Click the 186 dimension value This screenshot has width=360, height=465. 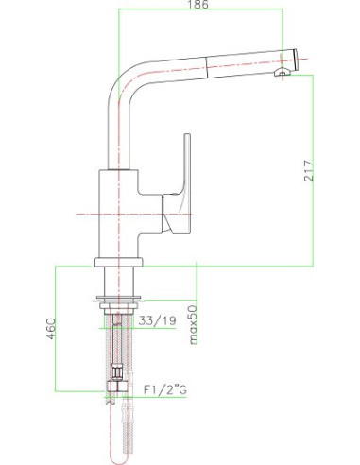(198, 4)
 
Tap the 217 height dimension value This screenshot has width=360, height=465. (309, 170)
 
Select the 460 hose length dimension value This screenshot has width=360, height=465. (51, 328)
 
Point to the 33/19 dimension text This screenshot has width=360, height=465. (157, 320)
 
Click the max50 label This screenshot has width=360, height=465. (193, 324)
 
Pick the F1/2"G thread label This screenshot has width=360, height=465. (165, 389)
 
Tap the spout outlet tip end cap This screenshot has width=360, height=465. (296, 60)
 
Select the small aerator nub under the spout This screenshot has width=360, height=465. (283, 72)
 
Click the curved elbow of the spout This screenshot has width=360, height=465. (123, 82)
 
